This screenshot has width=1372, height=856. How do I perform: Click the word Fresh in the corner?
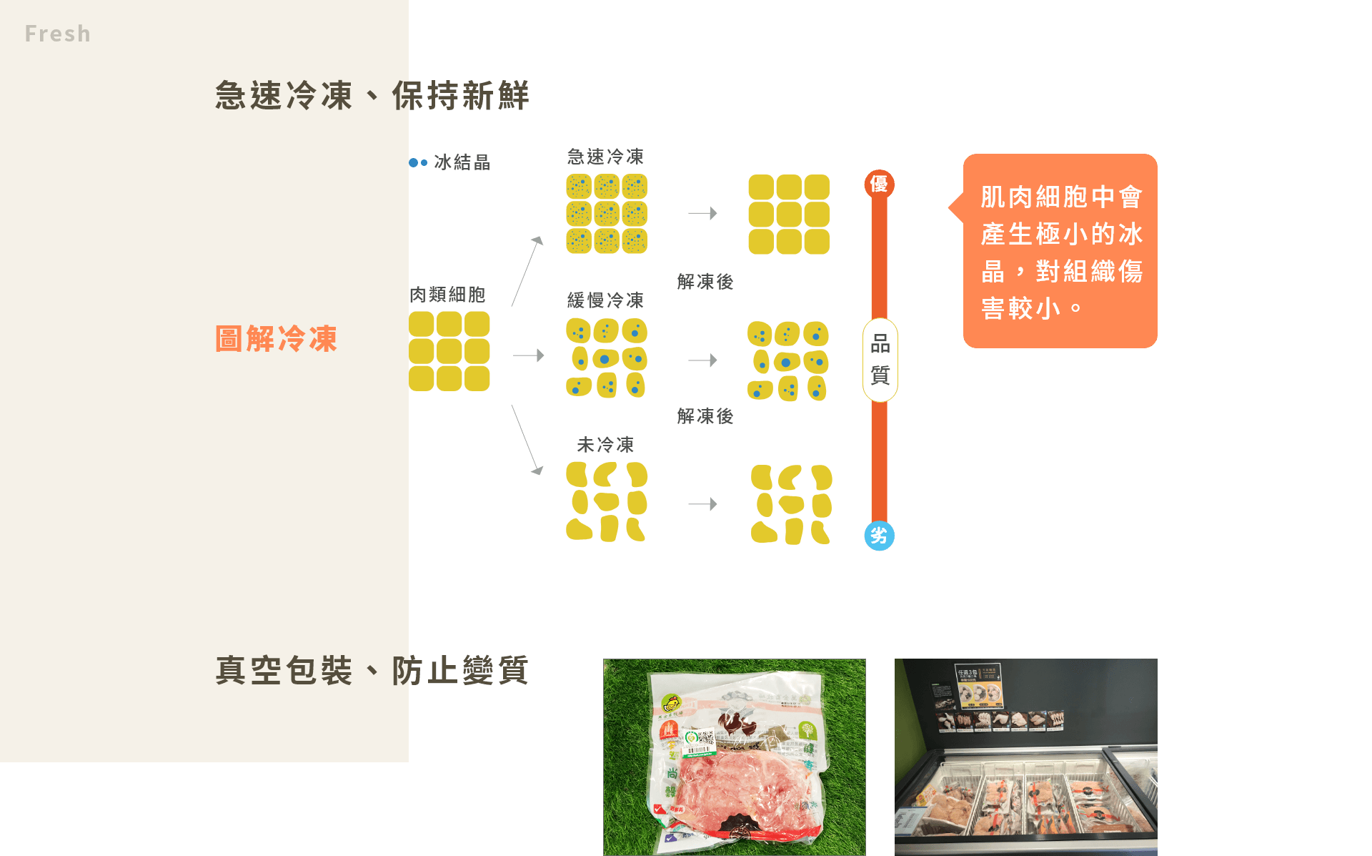[x=57, y=34]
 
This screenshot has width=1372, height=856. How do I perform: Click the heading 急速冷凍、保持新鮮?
[x=372, y=95]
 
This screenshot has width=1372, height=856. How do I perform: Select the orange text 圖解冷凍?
[x=276, y=339]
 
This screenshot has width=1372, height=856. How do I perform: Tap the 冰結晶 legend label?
[x=462, y=162]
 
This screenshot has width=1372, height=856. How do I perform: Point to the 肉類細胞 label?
[x=447, y=295]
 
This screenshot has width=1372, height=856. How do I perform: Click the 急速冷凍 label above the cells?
[x=605, y=157]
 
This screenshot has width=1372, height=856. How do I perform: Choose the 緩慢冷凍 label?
[x=605, y=300]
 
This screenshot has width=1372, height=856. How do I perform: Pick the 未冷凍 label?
[x=605, y=445]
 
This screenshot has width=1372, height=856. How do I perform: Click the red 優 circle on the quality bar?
[x=879, y=185]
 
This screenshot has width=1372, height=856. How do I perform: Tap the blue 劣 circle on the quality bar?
[x=879, y=536]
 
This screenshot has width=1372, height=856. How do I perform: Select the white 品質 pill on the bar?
[x=880, y=360]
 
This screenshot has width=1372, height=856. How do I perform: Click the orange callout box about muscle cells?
[x=1060, y=251]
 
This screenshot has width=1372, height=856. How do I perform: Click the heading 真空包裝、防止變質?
[x=372, y=670]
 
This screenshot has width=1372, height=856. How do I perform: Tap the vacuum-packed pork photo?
[x=734, y=757]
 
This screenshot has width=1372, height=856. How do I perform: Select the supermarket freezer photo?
[x=1025, y=757]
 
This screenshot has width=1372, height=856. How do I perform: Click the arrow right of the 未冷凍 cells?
[x=702, y=504]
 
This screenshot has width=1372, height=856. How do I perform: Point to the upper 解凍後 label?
[x=705, y=282]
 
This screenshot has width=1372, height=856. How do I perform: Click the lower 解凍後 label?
[x=705, y=416]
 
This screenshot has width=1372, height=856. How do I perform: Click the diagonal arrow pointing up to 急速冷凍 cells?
[x=527, y=272]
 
